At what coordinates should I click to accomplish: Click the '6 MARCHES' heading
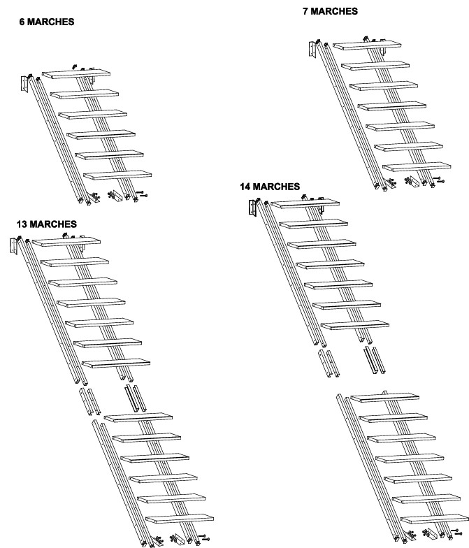coord(47,22)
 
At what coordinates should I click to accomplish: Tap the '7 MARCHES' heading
coord(330,11)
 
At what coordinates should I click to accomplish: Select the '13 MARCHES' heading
coord(46,224)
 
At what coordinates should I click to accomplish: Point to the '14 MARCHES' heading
coord(270,186)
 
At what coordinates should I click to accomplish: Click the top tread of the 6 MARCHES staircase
coord(76,74)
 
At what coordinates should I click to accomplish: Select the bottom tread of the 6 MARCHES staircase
coord(117,175)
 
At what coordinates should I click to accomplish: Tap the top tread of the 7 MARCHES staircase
coord(367,45)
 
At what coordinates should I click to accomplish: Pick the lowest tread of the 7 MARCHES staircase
coord(417,166)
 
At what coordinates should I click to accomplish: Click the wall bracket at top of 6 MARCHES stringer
coord(24,84)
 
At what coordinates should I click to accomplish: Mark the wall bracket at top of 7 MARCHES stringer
coord(312,50)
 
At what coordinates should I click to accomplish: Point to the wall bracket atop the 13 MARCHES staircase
coord(14,246)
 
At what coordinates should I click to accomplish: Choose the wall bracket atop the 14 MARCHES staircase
coord(253,208)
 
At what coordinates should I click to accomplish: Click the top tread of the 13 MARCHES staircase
coord(66,242)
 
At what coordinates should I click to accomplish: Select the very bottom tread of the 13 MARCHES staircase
coord(180,519)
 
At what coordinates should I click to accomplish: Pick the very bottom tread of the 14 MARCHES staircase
coord(435,519)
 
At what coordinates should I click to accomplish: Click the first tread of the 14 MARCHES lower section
coord(384,397)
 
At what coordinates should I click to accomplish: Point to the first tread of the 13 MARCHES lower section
coord(138,417)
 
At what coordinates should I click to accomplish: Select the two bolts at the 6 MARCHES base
coord(142,194)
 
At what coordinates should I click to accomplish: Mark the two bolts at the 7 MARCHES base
coord(439,180)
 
